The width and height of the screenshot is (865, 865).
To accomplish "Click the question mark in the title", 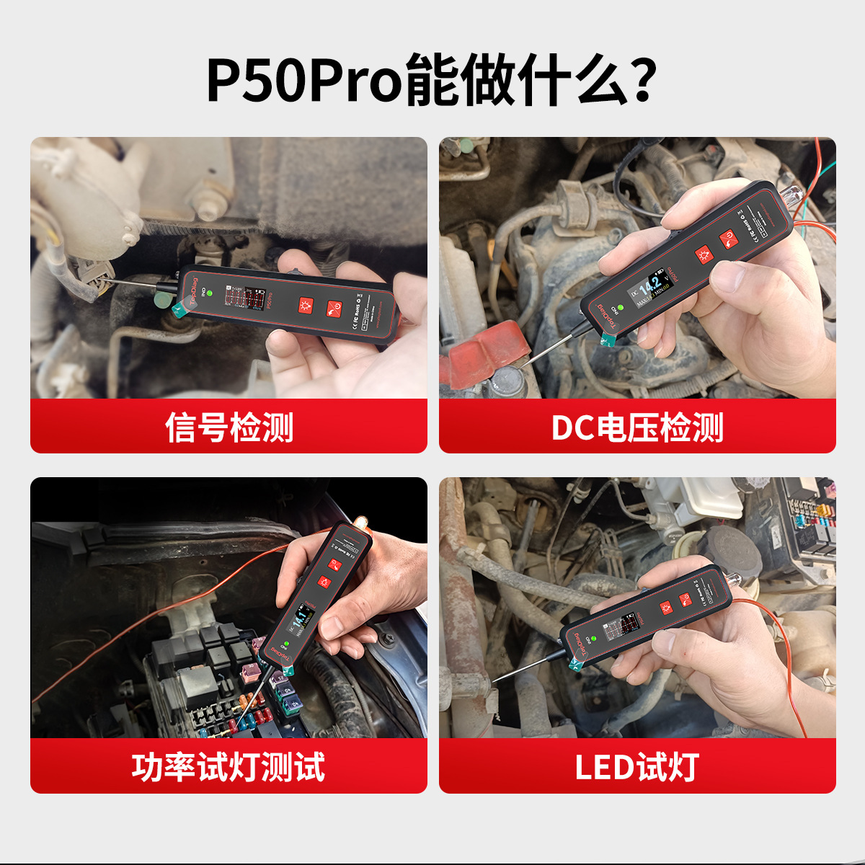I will pyautogui.click(x=637, y=79).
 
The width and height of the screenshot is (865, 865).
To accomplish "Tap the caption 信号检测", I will pyautogui.click(x=229, y=427).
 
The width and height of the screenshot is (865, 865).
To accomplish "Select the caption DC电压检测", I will pyautogui.click(x=637, y=427).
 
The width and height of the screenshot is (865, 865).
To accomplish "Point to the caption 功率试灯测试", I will pyautogui.click(x=229, y=767).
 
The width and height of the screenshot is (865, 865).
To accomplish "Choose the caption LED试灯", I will pyautogui.click(x=637, y=767).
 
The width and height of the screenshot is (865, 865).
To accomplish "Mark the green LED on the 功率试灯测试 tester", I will pyautogui.click(x=286, y=644).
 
